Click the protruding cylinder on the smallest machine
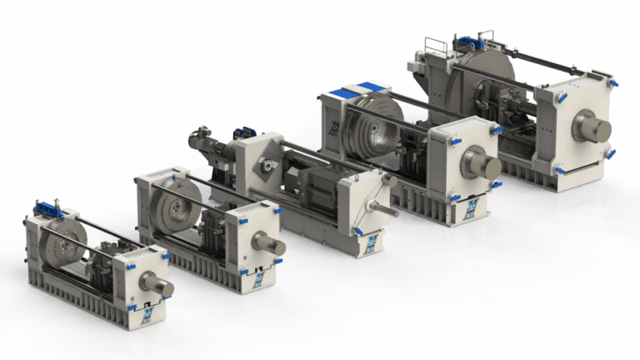[157, 285]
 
